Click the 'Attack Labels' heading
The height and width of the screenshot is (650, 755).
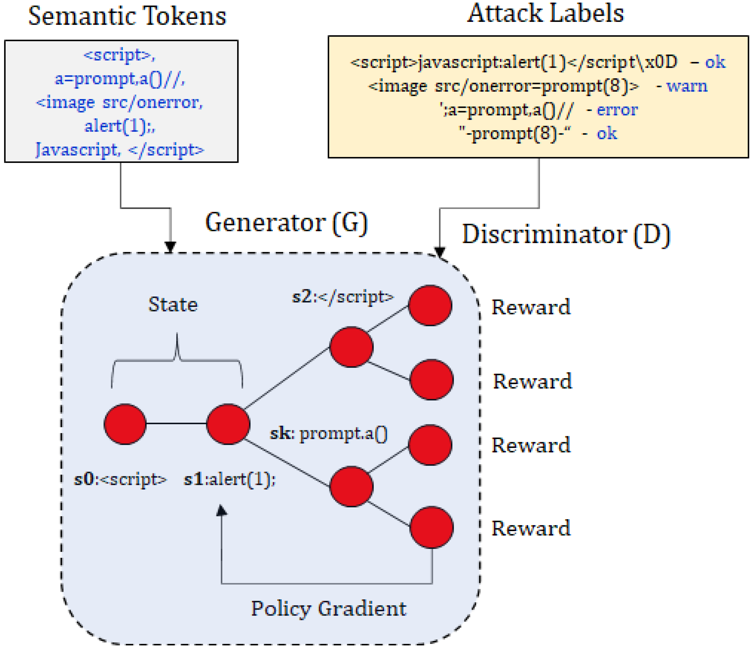(x=545, y=14)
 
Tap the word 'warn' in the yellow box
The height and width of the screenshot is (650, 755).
(x=687, y=86)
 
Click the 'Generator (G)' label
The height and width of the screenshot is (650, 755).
(x=286, y=223)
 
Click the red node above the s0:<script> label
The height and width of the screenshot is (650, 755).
(x=125, y=424)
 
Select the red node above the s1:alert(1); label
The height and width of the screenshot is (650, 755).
(x=228, y=424)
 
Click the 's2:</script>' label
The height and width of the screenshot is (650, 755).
(x=343, y=297)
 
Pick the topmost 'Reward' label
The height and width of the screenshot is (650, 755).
(x=531, y=307)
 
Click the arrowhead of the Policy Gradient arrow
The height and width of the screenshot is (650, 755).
(x=221, y=511)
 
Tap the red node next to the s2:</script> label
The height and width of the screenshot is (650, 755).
(x=430, y=305)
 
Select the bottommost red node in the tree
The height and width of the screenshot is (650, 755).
(x=431, y=527)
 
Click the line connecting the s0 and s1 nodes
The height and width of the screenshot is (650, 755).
(x=176, y=423)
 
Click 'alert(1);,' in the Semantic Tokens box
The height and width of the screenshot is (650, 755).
(x=119, y=126)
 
